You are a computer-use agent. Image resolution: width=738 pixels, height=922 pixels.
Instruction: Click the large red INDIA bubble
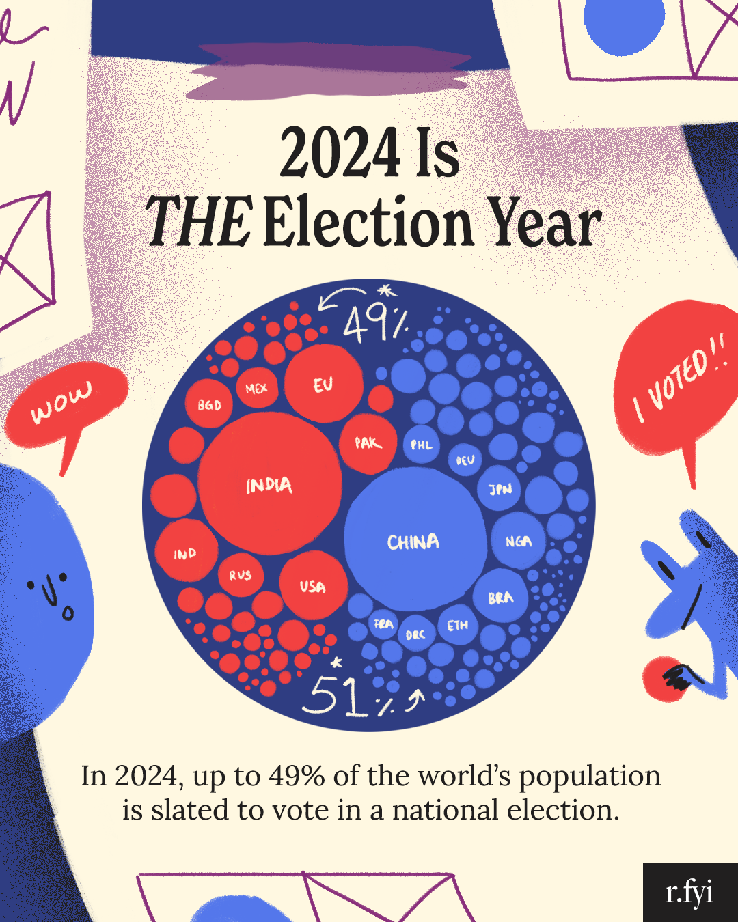[269, 484]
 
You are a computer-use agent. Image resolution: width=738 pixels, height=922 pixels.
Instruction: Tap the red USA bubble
[313, 585]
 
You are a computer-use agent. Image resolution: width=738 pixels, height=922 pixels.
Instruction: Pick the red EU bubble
[323, 384]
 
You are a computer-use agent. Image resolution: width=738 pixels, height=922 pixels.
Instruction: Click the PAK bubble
[368, 443]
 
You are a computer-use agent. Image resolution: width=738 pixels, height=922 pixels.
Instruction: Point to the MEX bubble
[256, 388]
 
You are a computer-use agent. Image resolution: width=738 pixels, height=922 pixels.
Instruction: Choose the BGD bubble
[209, 404]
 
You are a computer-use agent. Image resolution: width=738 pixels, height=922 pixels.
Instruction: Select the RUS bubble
[241, 575]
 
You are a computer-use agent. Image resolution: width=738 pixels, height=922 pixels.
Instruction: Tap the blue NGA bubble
[519, 541]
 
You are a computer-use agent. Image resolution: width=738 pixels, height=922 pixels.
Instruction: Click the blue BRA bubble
[501, 597]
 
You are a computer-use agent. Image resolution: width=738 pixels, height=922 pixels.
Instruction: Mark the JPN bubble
[500, 489]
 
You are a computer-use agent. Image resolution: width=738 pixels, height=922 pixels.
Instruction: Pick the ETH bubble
[458, 624]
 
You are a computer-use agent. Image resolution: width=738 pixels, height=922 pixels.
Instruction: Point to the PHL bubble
[421, 445]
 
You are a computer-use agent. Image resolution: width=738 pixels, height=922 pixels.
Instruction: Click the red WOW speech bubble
[65, 406]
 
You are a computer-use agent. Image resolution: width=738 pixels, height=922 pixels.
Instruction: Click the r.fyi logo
[689, 892]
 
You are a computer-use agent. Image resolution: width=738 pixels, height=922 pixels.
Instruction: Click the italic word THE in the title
[198, 222]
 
